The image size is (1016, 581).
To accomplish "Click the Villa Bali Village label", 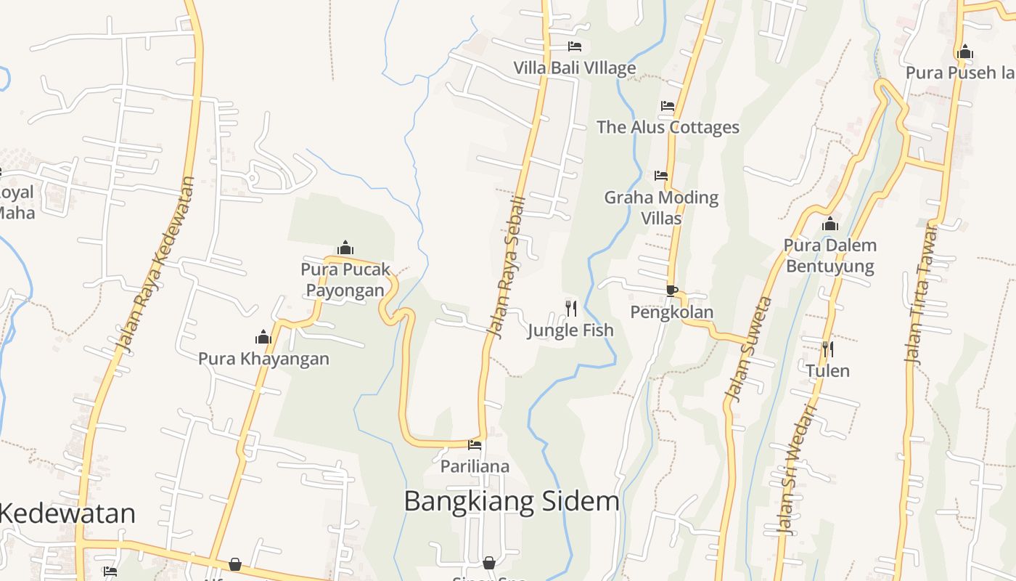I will [x=575, y=68].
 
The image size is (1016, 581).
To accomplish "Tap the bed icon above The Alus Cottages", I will [x=668, y=106].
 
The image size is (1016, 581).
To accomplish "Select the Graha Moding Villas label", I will [x=661, y=207].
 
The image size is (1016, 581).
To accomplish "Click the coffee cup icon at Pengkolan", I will [x=672, y=290].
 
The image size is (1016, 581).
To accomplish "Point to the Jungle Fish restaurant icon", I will [x=571, y=309].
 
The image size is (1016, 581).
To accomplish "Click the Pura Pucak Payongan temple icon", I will [x=346, y=248].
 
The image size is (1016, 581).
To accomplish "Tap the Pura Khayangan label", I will [x=263, y=359].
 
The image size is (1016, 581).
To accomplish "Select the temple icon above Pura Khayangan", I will [x=263, y=337].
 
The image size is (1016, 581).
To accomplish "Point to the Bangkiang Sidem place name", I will [x=512, y=501].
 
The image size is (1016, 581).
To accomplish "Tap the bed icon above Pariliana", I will [x=475, y=444].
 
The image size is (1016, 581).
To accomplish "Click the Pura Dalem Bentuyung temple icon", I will [x=830, y=224].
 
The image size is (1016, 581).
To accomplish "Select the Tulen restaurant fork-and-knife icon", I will [x=827, y=349].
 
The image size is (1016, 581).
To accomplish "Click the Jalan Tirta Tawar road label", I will [x=921, y=293].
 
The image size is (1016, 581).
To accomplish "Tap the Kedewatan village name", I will [x=67, y=513].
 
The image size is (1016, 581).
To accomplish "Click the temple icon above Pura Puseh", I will [x=965, y=52].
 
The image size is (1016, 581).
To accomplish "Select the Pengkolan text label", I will [x=671, y=312].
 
